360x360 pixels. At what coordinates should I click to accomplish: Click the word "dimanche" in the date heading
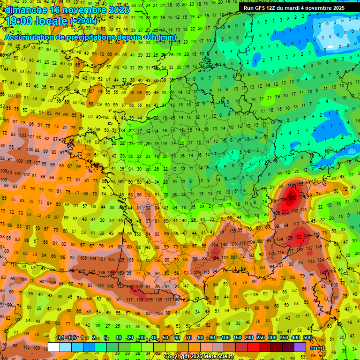coord(26,9)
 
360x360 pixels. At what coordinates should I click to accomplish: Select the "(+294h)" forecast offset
coord(83,21)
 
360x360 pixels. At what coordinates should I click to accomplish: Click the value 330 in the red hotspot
coord(293,198)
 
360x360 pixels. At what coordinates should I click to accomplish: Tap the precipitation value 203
coord(285,212)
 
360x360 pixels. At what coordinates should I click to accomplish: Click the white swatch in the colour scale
coord(53,347)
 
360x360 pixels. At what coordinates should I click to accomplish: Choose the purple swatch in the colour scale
coord(300,347)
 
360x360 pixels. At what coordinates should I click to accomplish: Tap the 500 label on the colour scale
coord(307,337)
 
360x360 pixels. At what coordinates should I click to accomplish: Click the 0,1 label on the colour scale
coord(60,337)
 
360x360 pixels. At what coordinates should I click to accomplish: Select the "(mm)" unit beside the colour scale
coord(317,348)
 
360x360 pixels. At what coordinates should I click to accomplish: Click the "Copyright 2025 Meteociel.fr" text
coord(199,357)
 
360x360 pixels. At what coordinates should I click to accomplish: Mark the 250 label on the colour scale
coord(260,337)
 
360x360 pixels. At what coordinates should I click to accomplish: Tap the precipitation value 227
coord(307,235)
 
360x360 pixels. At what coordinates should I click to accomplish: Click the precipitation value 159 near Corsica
coord(332,271)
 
